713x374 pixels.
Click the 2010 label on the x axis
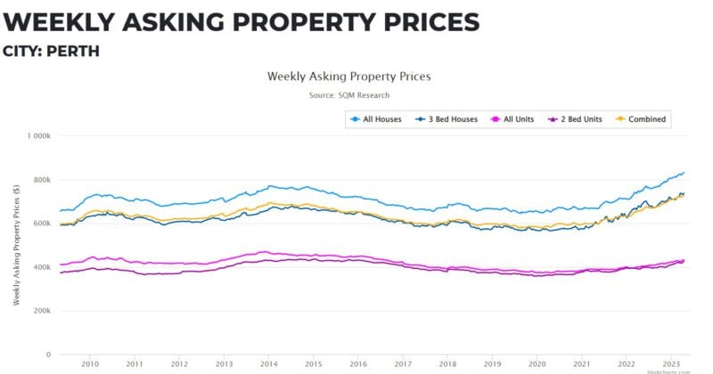[x=89, y=364]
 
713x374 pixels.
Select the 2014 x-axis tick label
[x=268, y=364]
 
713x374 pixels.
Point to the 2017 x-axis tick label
[x=403, y=364]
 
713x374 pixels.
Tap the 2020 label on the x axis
[x=537, y=364]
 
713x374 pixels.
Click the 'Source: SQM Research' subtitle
[x=349, y=94]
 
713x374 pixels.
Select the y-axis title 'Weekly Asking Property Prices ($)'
[x=17, y=245]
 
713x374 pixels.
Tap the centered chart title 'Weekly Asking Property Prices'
[x=349, y=77]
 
